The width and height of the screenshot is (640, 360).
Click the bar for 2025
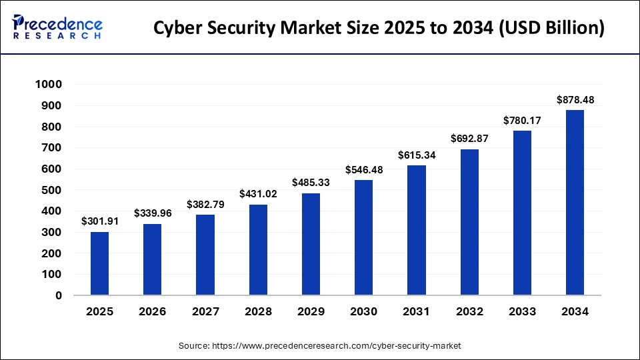point(99,263)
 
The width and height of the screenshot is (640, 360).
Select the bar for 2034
point(575,203)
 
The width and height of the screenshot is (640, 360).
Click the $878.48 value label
point(575,100)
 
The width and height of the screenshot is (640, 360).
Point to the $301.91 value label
point(99,221)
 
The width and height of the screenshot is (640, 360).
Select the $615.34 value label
point(417,155)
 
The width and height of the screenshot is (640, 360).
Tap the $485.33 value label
point(311,183)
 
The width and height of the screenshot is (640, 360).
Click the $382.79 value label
point(205,204)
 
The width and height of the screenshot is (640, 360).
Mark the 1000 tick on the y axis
point(49,85)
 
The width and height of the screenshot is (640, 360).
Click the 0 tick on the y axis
point(58,295)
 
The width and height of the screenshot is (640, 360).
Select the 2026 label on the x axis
point(152,311)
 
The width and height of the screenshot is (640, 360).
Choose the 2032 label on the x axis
point(469,311)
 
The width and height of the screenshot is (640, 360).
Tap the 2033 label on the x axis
point(522,311)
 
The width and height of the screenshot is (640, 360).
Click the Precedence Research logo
point(57,27)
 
